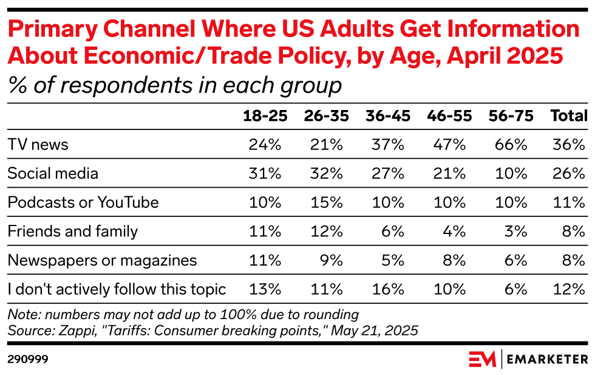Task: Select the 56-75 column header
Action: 511,116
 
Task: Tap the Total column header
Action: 568,116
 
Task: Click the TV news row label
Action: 38,145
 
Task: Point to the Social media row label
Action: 53,173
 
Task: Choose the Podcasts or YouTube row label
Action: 83,202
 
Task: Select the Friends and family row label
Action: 73,232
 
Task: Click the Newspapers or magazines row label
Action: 102,260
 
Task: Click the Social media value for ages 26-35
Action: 328,173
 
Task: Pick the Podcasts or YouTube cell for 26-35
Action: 328,202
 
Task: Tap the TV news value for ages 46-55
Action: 450,145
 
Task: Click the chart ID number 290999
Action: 28,359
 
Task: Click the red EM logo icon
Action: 482,359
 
